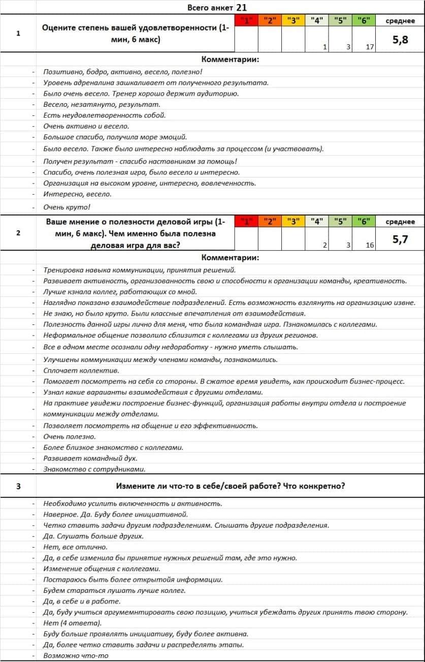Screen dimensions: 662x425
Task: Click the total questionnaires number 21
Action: [x=242, y=7]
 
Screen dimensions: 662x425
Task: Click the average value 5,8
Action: [x=400, y=40]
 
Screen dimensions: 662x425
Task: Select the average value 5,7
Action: [x=400, y=239]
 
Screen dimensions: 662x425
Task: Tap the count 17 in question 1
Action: [x=370, y=47]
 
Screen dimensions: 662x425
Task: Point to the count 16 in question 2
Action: [x=370, y=245]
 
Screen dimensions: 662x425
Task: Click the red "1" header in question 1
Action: [x=246, y=21]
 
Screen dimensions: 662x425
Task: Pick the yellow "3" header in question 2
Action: [x=293, y=221]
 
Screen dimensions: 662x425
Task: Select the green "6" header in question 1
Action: [x=363, y=21]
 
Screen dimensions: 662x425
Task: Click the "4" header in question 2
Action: [x=317, y=221]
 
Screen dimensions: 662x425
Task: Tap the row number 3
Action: [x=18, y=486]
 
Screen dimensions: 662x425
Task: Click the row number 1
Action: [x=18, y=34]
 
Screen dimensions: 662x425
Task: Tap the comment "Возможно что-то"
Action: [x=76, y=656]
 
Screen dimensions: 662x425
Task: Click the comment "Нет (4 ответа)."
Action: [x=73, y=623]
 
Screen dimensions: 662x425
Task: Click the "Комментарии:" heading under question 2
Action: [x=230, y=257]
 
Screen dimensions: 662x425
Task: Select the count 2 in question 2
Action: [x=324, y=245]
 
